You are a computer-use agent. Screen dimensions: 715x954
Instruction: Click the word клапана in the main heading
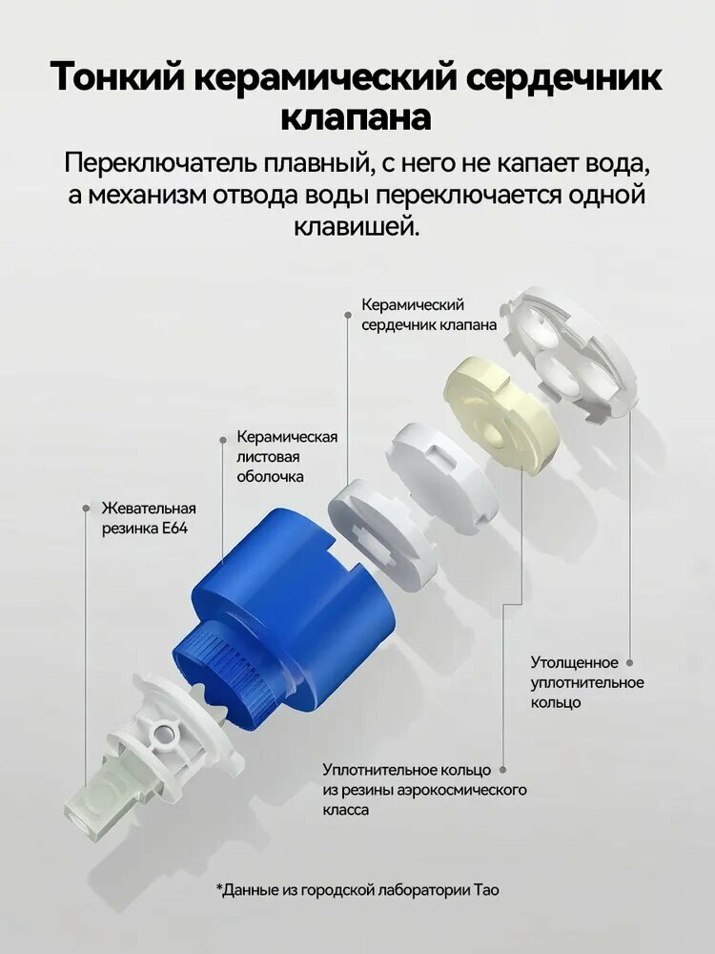click(357, 117)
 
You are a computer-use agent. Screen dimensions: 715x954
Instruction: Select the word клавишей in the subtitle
click(357, 228)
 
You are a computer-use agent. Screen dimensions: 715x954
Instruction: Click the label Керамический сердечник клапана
click(429, 315)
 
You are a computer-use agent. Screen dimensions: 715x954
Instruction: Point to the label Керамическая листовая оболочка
click(287, 456)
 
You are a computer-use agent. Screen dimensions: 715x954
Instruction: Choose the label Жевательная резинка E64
click(149, 518)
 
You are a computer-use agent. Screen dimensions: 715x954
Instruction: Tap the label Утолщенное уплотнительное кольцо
click(586, 682)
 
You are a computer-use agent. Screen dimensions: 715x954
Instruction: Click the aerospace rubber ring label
click(424, 790)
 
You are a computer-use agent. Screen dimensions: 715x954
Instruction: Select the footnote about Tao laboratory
click(357, 890)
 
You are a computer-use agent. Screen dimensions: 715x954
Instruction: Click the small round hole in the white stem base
click(162, 735)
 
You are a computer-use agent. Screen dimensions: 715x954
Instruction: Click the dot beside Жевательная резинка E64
click(87, 508)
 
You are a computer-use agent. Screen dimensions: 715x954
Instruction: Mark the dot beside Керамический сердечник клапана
click(348, 315)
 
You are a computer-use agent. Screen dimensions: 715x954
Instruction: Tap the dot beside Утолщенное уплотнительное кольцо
click(630, 663)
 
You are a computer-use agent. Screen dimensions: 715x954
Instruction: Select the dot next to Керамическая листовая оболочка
click(223, 439)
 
